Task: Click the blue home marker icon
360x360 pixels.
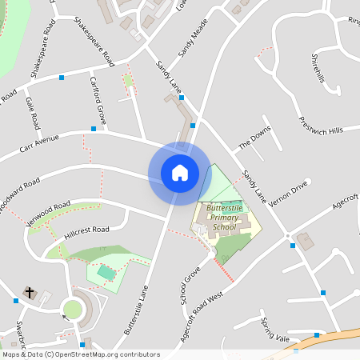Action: click(180, 172)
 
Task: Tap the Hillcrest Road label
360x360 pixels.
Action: click(89, 230)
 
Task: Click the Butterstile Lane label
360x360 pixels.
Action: click(137, 311)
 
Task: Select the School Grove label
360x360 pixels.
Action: click(189, 286)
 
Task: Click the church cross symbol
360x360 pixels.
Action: click(30, 293)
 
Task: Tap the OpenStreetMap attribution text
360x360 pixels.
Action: click(80, 354)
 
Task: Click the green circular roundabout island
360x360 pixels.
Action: click(73, 309)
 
